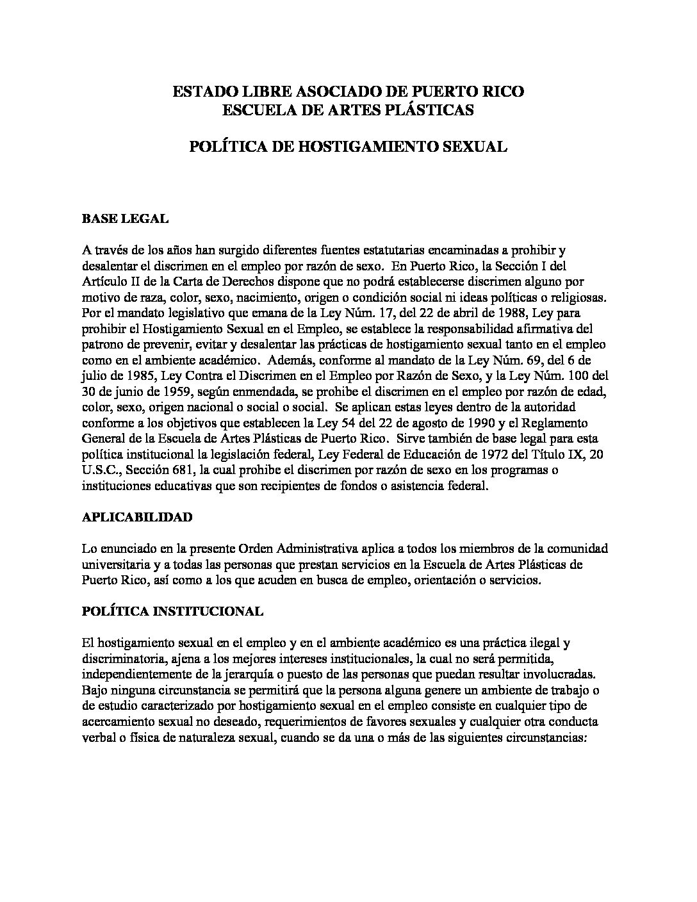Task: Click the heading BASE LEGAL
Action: (125, 219)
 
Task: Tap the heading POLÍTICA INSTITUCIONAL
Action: (172, 611)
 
